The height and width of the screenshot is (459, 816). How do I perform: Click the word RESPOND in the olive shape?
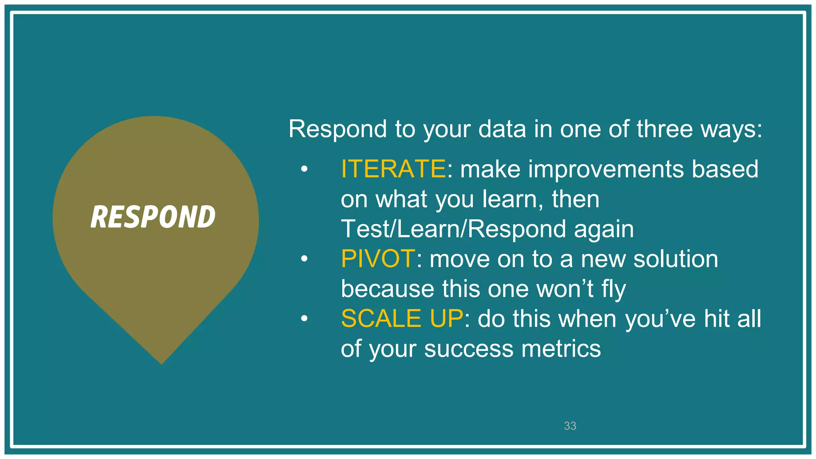click(x=153, y=217)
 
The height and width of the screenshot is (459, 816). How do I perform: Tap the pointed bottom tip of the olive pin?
click(x=161, y=363)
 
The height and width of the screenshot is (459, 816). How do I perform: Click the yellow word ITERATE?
click(x=393, y=169)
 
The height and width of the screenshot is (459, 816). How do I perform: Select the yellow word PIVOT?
click(x=378, y=259)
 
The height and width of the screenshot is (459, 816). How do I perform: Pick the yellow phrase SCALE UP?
click(x=402, y=319)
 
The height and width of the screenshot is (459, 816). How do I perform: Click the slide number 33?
click(x=570, y=426)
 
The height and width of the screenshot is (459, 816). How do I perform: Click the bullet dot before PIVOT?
click(x=304, y=259)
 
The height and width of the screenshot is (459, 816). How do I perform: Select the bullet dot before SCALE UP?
click(x=304, y=319)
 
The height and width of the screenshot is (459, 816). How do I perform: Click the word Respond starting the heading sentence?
click(x=337, y=129)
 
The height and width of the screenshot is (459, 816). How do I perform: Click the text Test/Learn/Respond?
click(x=453, y=229)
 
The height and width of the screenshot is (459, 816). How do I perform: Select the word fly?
click(x=613, y=289)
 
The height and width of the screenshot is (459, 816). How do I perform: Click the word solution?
click(x=676, y=259)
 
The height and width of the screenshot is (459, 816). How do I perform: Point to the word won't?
click(x=565, y=289)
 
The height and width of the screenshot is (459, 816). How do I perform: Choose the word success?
click(x=469, y=349)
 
